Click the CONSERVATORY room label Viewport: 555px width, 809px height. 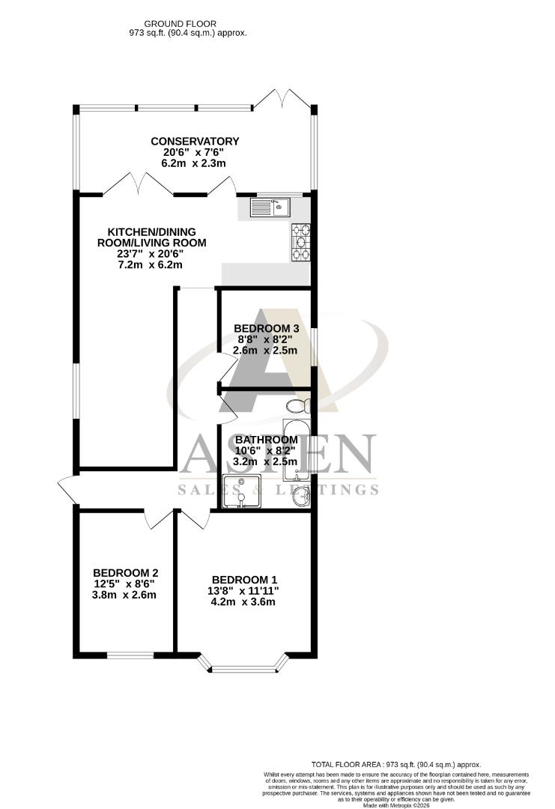pyautogui.click(x=195, y=141)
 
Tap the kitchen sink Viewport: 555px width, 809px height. pyautogui.click(x=270, y=206)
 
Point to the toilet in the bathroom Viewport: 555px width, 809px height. pyautogui.click(x=297, y=405)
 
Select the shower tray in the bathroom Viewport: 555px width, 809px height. pyautogui.click(x=241, y=490)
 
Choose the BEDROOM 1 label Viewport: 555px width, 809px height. pyautogui.click(x=245, y=580)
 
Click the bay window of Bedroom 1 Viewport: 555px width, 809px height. pyautogui.click(x=244, y=661)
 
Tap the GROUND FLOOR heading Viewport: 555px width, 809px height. pyautogui.click(x=186, y=23)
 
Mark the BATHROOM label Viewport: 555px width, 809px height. pyautogui.click(x=267, y=440)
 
